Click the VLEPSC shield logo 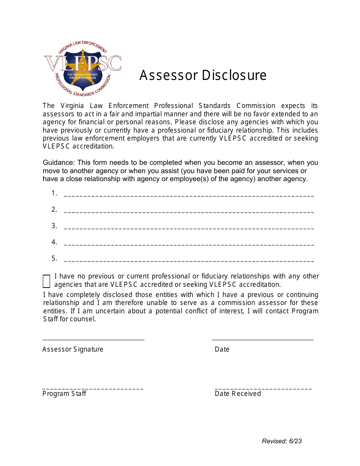pos(83,69)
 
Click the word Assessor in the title pos(169,75)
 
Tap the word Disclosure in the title pos(234,75)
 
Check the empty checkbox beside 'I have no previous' pos(46,281)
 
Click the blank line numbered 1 pos(189,195)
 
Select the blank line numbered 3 pos(189,228)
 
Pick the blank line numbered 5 pos(189,261)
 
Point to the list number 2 pos(54,210)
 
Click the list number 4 pos(54,242)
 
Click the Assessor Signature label pos(73,349)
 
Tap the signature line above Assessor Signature pos(93,340)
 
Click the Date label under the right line pos(222,349)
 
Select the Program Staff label pos(64,394)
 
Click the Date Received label pos(238,394)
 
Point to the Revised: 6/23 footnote pos(282,441)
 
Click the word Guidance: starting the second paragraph pos(59,163)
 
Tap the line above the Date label pos(263,340)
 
